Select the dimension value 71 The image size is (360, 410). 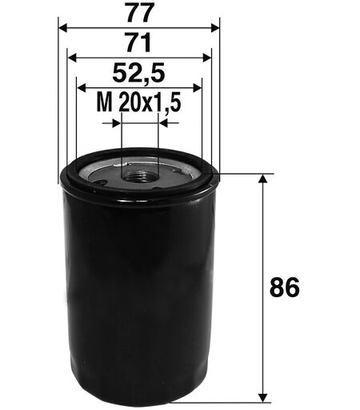click(x=139, y=42)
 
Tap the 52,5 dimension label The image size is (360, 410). click(x=138, y=73)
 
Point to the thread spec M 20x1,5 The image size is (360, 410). click(x=138, y=102)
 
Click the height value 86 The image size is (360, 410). click(x=285, y=288)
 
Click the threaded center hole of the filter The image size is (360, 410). click(x=139, y=176)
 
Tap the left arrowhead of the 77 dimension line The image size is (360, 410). click(x=62, y=27)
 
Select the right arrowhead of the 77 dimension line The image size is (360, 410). click(x=215, y=27)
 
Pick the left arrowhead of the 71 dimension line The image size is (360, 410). click(x=72, y=58)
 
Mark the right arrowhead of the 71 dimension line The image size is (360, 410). click(x=207, y=58)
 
